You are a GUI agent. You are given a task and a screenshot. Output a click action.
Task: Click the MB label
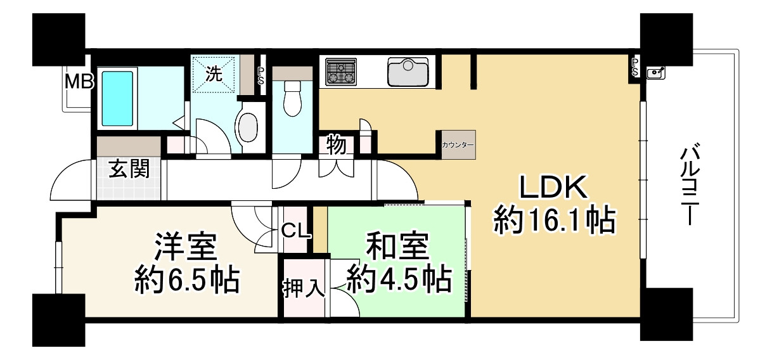[79, 81]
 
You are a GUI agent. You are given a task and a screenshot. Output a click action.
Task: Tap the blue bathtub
[117, 98]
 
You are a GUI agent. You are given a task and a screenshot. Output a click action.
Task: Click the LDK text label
[555, 188]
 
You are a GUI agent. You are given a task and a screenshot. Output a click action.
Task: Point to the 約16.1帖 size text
[555, 221]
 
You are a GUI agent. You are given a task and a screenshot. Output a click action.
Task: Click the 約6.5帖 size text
[186, 279]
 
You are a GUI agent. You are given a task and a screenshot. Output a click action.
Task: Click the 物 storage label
[337, 146]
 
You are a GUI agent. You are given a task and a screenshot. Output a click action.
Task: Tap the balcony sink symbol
[655, 74]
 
